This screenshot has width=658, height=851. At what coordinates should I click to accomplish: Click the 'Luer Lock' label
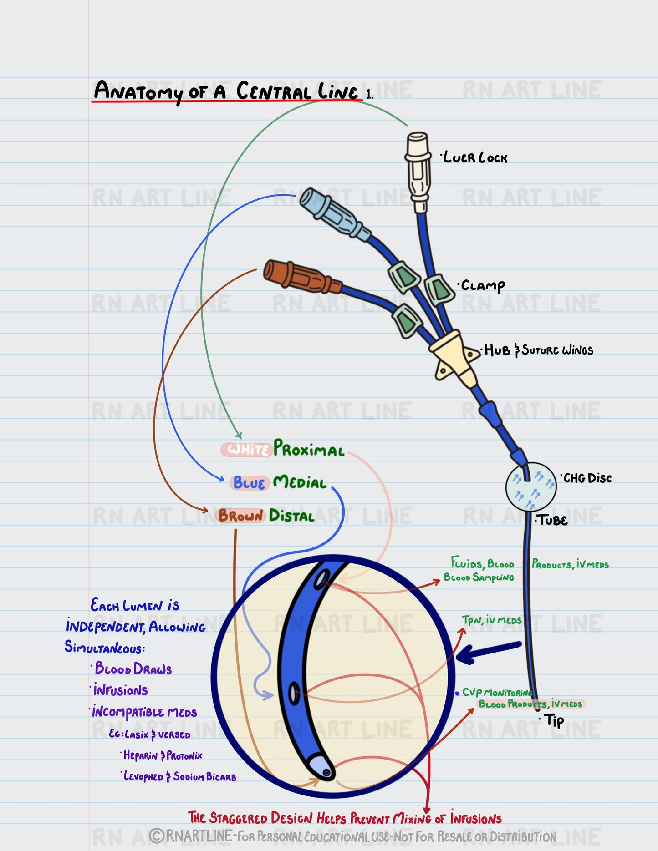(x=475, y=158)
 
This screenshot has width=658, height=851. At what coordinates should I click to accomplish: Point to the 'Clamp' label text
(x=483, y=286)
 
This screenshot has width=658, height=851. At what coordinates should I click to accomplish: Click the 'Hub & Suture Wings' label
(x=539, y=350)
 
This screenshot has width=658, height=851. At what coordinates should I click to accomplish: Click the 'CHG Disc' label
(x=587, y=478)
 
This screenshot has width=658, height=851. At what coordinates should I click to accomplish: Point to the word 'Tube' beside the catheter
(x=553, y=520)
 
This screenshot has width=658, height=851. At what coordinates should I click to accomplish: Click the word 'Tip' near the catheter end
(x=554, y=720)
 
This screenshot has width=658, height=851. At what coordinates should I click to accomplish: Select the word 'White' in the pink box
(x=247, y=450)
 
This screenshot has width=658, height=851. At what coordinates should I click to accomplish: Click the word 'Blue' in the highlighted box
(x=249, y=483)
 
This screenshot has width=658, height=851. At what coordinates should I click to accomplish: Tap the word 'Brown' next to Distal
(x=240, y=516)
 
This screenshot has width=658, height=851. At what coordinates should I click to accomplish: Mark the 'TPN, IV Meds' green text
(x=491, y=621)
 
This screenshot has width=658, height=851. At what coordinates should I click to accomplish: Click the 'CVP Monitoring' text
(x=497, y=693)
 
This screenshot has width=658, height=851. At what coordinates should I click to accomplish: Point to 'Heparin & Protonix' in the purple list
(x=163, y=755)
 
